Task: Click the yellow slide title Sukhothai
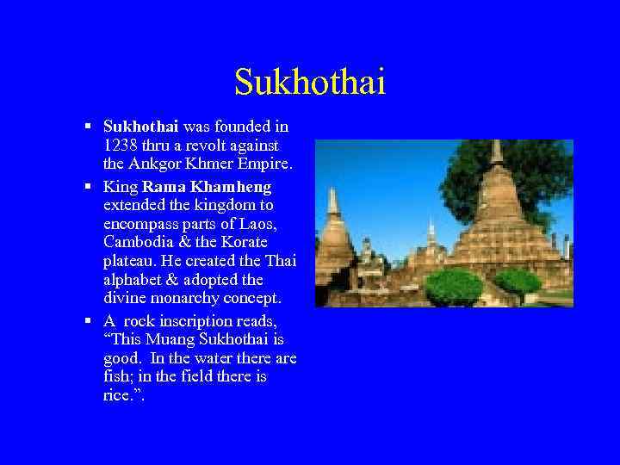[x=310, y=83]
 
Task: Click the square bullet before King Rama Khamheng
[x=89, y=186]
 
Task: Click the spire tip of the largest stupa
[x=496, y=147]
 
